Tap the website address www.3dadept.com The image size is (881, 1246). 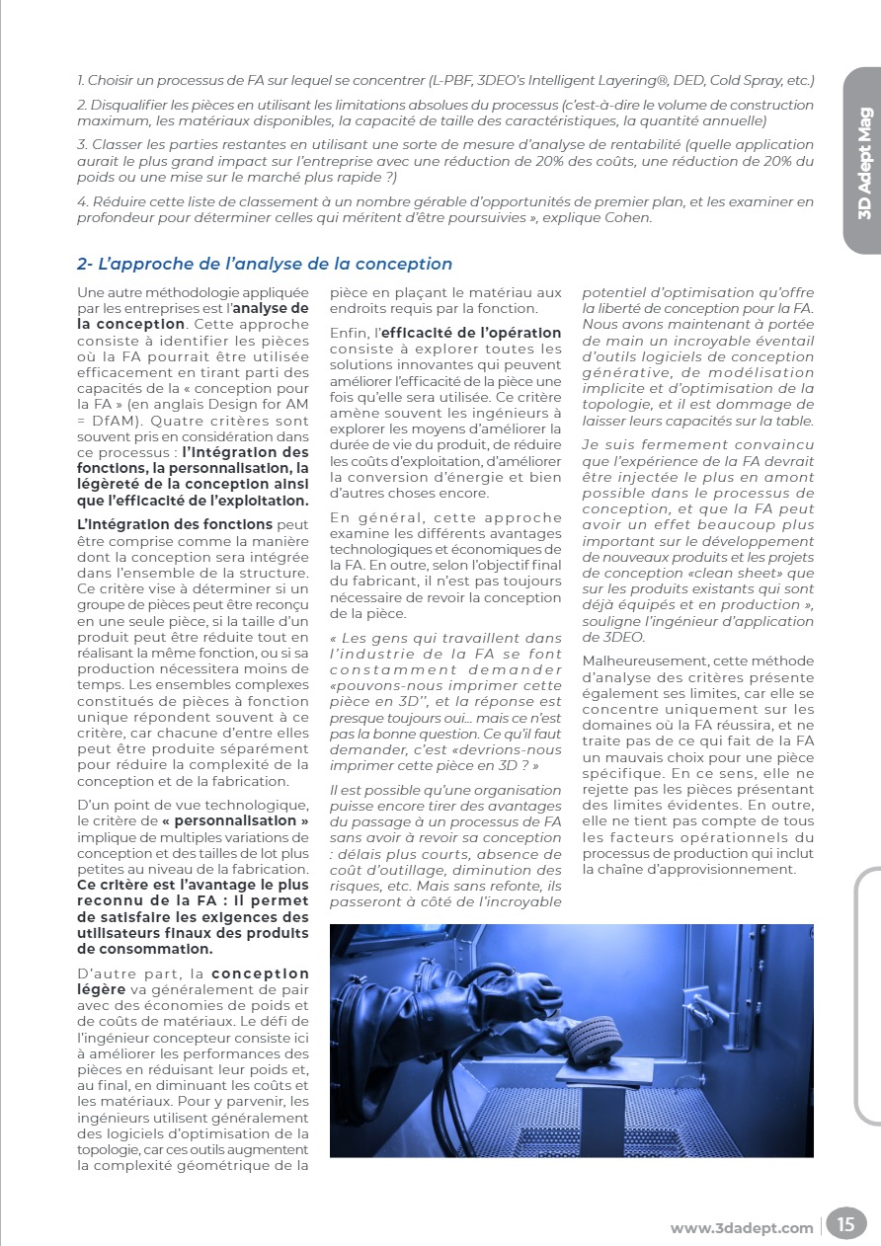(742, 1228)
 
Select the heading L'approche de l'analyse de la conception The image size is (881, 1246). (265, 264)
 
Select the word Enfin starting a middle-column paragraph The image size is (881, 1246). (349, 334)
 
